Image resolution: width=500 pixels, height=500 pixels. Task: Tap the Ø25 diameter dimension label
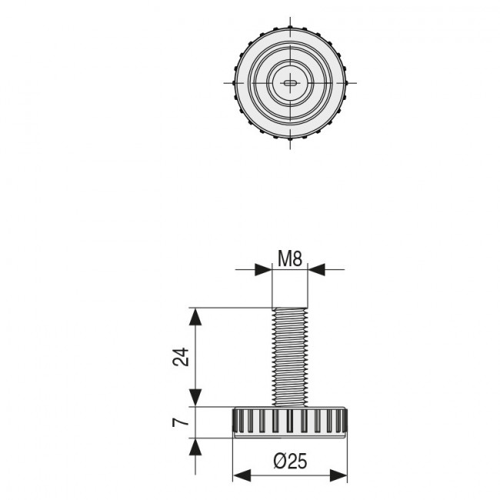(290, 462)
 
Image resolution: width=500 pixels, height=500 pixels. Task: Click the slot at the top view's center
(290, 82)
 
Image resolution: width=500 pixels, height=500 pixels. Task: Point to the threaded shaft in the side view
(290, 355)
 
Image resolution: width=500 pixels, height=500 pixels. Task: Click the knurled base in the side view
(290, 422)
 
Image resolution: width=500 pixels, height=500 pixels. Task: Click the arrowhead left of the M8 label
(265, 269)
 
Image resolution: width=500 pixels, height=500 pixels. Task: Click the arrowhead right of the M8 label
(316, 269)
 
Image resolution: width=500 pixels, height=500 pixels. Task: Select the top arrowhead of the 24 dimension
(197, 316)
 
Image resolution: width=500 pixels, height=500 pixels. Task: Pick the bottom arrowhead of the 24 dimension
(197, 398)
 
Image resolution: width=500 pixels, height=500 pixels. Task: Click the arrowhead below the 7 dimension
(197, 446)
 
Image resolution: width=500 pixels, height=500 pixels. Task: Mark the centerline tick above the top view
(290, 21)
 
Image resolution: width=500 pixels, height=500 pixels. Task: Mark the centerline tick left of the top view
(228, 82)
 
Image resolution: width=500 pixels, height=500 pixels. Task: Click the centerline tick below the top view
(290, 144)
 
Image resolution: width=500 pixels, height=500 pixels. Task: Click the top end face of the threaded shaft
(290, 308)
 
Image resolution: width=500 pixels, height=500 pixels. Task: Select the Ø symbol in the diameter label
(280, 462)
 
